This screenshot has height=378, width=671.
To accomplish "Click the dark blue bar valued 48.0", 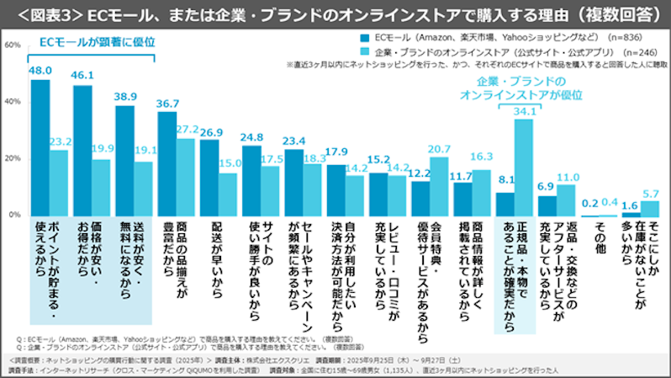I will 40,147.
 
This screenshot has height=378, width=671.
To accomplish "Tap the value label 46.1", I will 82,76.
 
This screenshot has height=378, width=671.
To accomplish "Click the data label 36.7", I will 168,103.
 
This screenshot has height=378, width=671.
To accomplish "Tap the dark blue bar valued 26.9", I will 209,177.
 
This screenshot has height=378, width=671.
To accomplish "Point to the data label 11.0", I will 567,177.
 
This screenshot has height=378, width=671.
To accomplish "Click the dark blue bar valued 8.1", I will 505,204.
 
